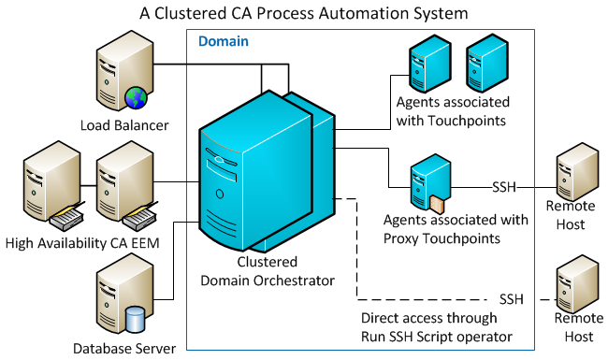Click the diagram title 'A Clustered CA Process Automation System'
tap(303, 13)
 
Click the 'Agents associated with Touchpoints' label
tap(452, 110)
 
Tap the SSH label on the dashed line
tap(511, 298)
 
